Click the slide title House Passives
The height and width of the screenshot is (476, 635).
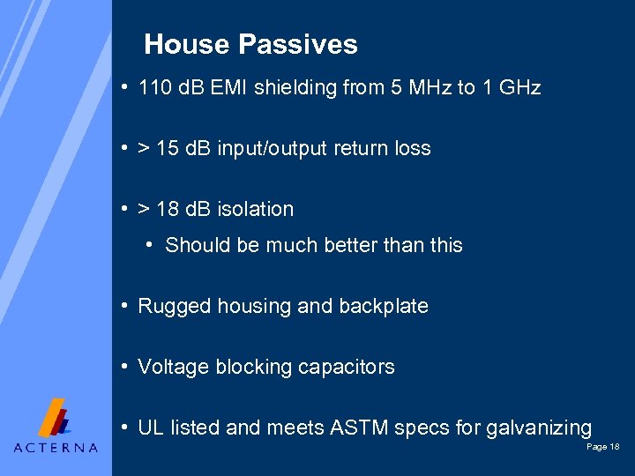click(250, 44)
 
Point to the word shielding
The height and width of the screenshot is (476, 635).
click(295, 87)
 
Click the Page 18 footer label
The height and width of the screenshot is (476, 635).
click(603, 448)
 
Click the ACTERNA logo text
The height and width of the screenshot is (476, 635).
click(56, 447)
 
